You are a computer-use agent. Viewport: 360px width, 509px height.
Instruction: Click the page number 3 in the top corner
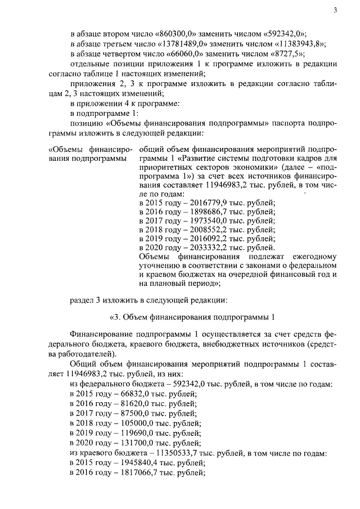[335, 11]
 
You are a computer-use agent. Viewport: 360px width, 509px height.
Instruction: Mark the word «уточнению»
[159, 269]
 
